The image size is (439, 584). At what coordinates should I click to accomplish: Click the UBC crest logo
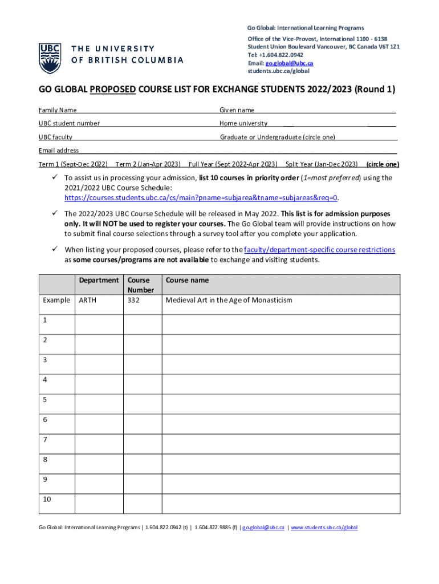49,58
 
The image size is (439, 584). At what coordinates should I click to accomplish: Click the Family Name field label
58,110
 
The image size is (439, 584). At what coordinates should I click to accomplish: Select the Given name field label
237,110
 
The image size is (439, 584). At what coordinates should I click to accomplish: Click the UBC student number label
69,123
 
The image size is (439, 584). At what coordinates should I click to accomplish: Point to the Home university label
243,123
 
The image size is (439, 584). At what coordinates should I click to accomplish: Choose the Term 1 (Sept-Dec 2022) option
73,164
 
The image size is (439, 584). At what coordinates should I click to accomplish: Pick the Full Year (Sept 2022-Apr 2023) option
233,164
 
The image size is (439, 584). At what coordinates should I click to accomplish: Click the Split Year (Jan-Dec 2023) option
322,164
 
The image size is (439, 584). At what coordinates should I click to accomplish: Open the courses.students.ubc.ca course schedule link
201,198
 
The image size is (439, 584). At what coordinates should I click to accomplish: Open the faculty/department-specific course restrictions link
319,250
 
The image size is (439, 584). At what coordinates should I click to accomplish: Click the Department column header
99,281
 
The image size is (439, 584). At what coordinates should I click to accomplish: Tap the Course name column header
187,281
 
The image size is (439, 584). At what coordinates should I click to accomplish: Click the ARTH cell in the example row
87,300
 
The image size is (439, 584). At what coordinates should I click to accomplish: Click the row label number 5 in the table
45,400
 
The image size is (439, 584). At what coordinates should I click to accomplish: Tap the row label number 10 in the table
47,499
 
